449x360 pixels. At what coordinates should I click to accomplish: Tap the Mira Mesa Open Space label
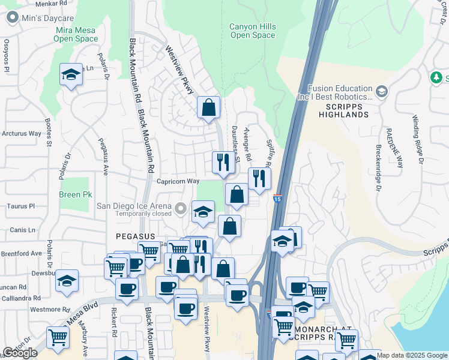pos(76,35)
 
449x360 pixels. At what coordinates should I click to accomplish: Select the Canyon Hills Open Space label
pos(252,31)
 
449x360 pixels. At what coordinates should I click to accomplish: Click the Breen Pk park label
pos(76,195)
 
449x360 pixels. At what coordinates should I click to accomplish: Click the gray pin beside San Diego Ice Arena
pos(181,209)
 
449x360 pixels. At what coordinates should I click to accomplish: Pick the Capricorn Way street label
pos(178,181)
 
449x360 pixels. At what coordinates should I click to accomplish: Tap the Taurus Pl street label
pos(21,206)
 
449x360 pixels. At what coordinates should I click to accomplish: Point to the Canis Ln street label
pos(23,230)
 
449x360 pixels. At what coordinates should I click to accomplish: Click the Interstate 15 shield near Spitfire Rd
pos(277,198)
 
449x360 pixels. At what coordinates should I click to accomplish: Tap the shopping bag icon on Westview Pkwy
pos(208,108)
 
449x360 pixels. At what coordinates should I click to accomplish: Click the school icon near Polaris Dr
pos(71,75)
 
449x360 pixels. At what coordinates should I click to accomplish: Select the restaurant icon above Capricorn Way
pos(223,162)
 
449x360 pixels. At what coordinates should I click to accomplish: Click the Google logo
pos(20,353)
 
